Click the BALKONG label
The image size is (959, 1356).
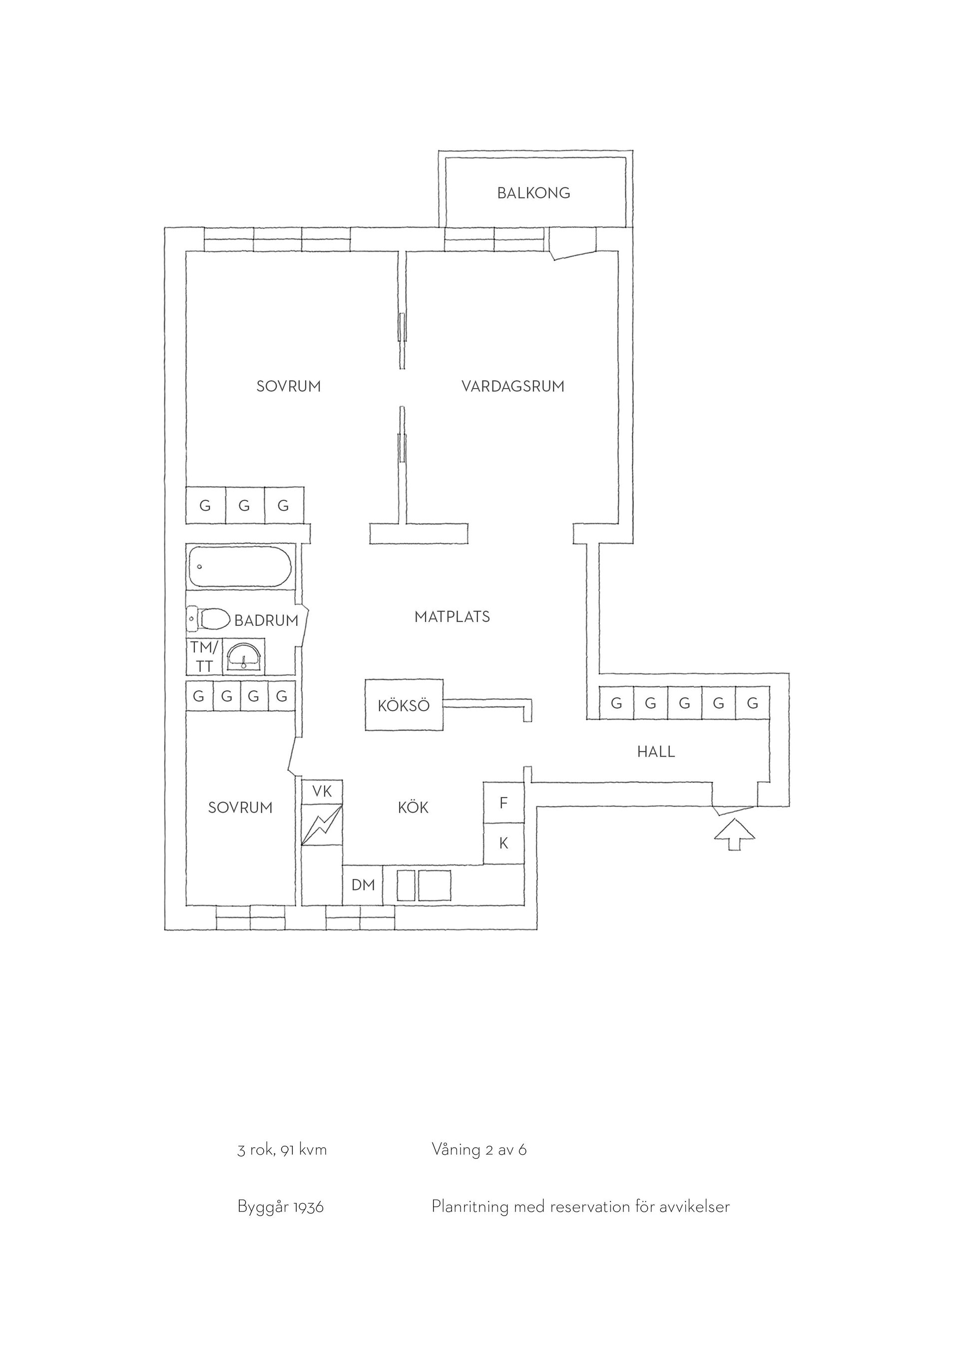click(533, 193)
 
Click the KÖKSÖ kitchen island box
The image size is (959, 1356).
click(404, 705)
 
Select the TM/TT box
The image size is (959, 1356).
click(204, 656)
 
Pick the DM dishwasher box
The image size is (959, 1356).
click(363, 884)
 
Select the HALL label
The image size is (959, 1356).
click(655, 752)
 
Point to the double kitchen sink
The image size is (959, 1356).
click(424, 885)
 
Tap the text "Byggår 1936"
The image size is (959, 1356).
click(281, 1207)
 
